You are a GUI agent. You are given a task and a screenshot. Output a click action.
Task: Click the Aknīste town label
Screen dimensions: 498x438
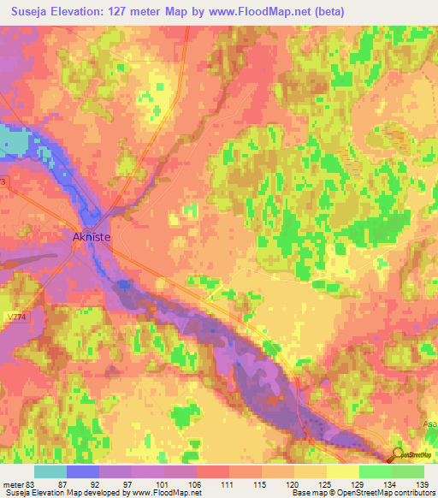click(x=91, y=240)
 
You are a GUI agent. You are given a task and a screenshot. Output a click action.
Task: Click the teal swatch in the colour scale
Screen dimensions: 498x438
click(x=50, y=471)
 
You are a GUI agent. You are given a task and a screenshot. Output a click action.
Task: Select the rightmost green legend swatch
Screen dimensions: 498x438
click(x=408, y=471)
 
